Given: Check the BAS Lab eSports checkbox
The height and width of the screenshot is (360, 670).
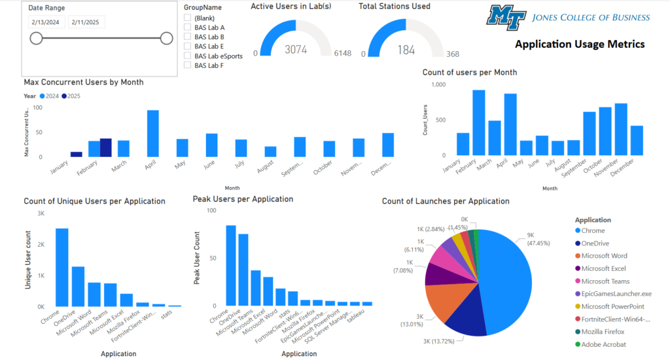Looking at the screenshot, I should pos(188,56).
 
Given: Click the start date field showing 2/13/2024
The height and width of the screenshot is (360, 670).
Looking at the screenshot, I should pos(45,22).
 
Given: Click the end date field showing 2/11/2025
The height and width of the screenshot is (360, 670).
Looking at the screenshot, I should pos(85,22).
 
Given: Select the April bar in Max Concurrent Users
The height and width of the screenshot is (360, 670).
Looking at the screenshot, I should pos(152,134).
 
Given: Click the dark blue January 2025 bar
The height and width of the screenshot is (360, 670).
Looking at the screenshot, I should pos(77,154).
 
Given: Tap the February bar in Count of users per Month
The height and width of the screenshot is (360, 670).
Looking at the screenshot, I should pos(478,122).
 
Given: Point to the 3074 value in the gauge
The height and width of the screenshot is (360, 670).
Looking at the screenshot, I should pos(296,50).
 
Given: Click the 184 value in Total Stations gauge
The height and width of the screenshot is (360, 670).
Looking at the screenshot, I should pos(406,50).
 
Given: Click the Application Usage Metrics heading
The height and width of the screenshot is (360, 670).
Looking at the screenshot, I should pos(580,45).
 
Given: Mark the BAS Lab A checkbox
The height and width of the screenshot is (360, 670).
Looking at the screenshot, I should pos(188,27).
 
